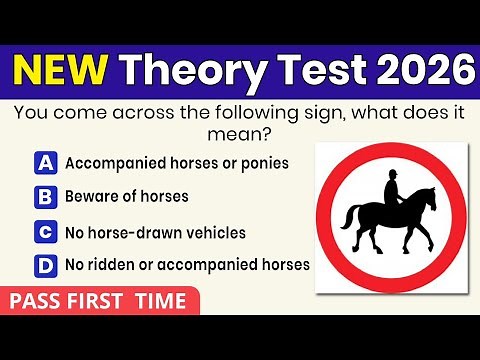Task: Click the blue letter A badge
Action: (x=45, y=162)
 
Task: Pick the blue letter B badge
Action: (x=45, y=196)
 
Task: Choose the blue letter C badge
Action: (x=45, y=232)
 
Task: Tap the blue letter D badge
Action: (x=45, y=266)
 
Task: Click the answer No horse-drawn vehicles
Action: (x=155, y=232)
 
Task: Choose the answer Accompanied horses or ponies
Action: (x=177, y=162)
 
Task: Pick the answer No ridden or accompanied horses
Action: (x=187, y=266)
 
